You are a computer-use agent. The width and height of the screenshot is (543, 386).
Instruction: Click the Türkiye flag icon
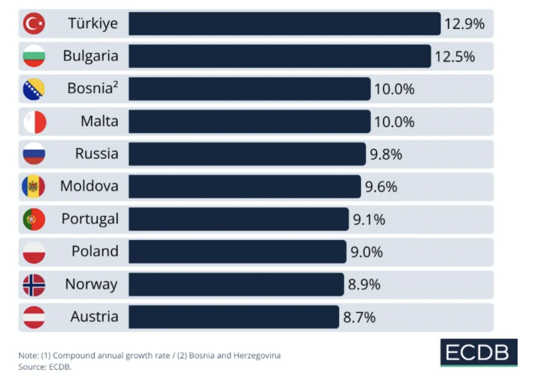click(x=34, y=24)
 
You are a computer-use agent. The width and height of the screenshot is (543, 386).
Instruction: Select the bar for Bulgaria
click(x=280, y=56)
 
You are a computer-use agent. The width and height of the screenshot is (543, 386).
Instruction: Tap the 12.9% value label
click(x=464, y=24)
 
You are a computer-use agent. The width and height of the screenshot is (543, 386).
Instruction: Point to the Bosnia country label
click(x=93, y=88)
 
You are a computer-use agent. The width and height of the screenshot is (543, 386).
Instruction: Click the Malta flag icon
click(x=35, y=122)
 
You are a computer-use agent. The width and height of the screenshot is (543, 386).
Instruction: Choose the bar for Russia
click(x=247, y=154)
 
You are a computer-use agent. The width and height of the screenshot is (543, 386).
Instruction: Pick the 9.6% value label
click(x=381, y=187)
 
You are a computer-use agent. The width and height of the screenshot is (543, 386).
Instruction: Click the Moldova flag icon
click(x=33, y=187)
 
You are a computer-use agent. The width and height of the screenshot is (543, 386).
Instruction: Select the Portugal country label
click(x=90, y=219)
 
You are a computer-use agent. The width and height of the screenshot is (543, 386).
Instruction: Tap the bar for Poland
click(x=238, y=252)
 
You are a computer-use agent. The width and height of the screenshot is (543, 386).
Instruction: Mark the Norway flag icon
click(x=34, y=285)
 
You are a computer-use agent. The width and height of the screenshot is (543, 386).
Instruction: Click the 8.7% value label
click(x=359, y=317)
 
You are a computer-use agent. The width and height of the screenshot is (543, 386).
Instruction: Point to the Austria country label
click(x=94, y=316)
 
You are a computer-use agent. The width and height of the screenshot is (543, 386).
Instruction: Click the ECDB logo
click(x=479, y=352)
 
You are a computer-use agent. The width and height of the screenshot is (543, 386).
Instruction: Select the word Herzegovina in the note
click(x=257, y=355)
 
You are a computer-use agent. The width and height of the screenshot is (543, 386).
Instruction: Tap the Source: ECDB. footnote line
click(x=45, y=367)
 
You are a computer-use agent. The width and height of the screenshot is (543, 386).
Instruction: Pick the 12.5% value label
click(x=455, y=57)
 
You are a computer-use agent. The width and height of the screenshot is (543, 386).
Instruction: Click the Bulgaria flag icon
click(x=34, y=56)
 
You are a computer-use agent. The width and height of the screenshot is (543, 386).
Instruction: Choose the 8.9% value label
click(x=364, y=285)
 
